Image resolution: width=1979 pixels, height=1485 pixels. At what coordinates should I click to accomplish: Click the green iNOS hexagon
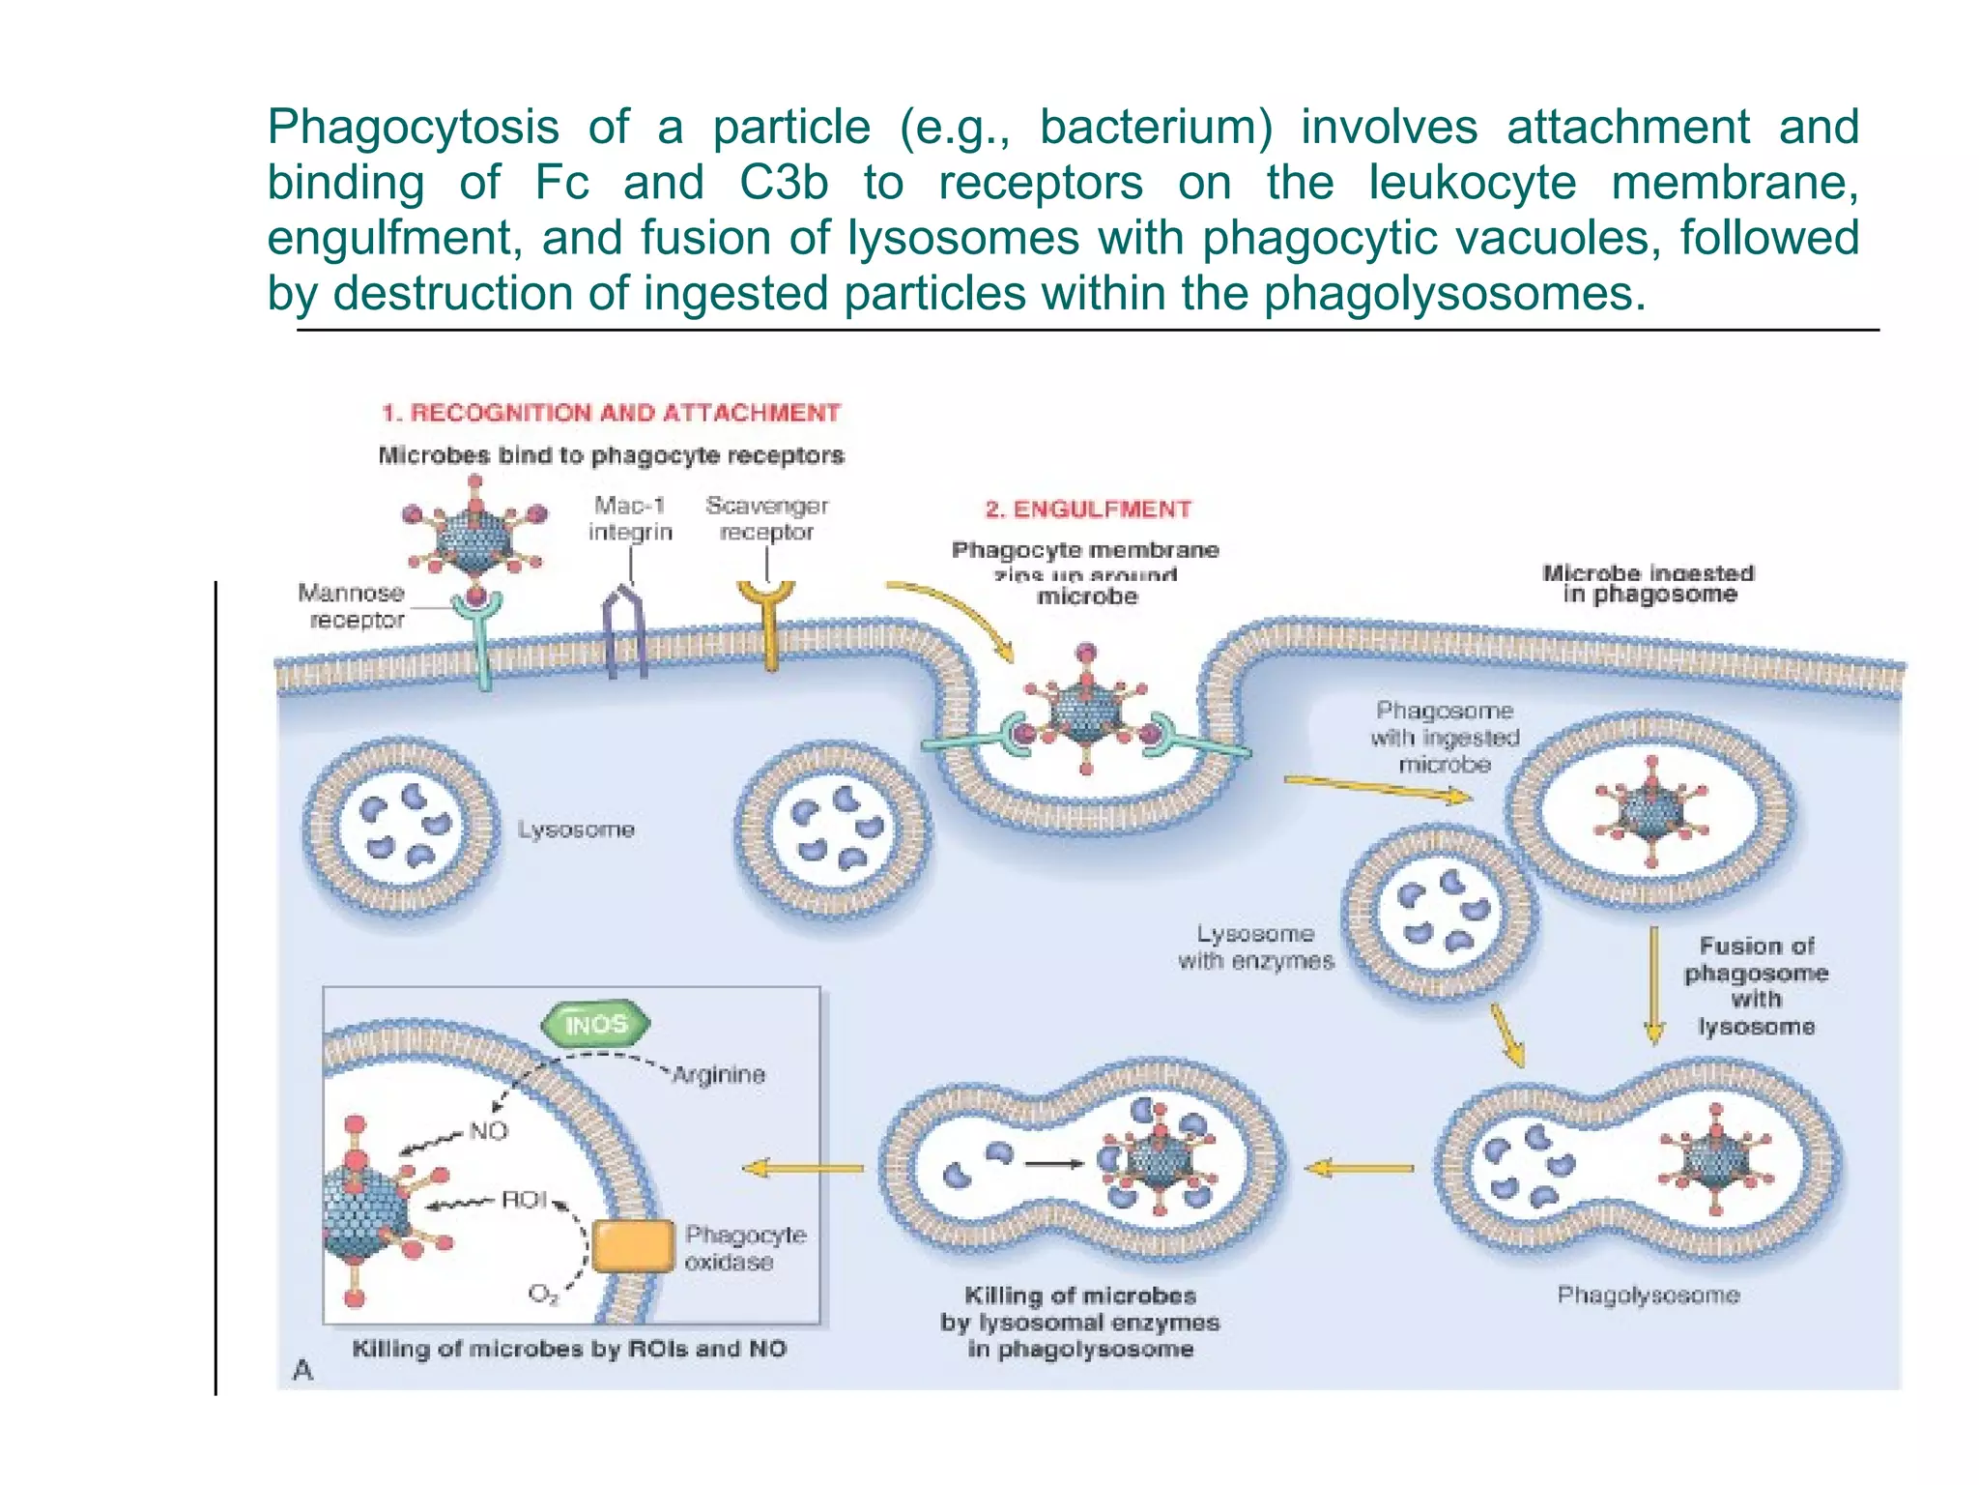point(595,1024)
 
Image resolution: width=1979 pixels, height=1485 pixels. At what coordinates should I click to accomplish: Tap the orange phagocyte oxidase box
point(633,1246)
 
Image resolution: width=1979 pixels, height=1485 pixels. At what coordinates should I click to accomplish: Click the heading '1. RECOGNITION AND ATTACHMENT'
point(611,413)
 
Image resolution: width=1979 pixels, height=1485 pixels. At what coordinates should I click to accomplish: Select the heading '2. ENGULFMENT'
point(1088,510)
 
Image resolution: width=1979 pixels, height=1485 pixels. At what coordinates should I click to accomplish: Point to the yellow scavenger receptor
point(768,619)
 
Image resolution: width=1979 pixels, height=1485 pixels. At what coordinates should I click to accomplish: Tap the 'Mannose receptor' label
point(353,606)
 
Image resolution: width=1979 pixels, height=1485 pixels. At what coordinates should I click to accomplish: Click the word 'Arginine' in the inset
point(718,1074)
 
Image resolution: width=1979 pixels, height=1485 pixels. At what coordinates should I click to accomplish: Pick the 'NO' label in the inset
point(488,1130)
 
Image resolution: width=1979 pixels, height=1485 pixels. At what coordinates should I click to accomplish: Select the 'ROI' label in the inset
point(524,1200)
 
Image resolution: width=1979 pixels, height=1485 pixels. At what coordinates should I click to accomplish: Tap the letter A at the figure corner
point(302,1369)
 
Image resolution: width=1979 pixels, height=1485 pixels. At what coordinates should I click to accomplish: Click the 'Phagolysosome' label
point(1648,1295)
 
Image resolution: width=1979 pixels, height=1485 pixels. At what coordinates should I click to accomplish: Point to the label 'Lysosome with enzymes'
point(1255,947)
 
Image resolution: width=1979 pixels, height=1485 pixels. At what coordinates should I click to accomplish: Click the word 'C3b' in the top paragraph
point(784,183)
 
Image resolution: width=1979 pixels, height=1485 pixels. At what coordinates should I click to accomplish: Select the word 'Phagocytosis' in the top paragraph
point(413,128)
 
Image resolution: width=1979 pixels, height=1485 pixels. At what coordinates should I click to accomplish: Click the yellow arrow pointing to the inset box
point(802,1168)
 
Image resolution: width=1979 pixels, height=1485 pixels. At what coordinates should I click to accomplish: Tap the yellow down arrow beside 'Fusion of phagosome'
point(1653,986)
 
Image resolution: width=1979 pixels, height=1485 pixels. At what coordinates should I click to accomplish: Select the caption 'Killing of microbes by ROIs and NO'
point(569,1349)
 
